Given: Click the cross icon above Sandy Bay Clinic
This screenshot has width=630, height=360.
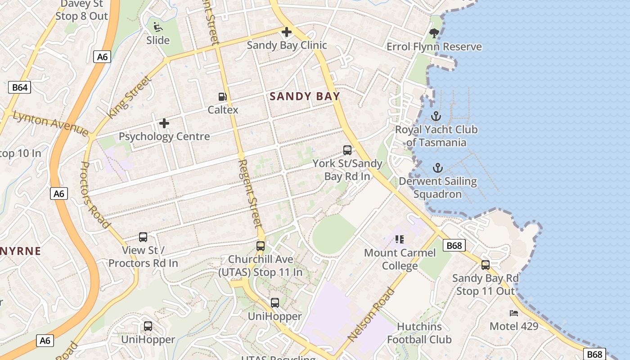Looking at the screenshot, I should pyautogui.click(x=286, y=32).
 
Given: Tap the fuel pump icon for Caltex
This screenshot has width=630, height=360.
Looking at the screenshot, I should pyautogui.click(x=222, y=97).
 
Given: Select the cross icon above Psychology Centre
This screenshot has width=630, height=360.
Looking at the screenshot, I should pyautogui.click(x=164, y=123).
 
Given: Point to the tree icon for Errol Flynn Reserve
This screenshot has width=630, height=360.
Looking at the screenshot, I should pyautogui.click(x=434, y=33).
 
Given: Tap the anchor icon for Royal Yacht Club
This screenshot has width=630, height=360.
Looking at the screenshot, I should pyautogui.click(x=436, y=117).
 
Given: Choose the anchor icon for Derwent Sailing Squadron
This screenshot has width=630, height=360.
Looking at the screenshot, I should pyautogui.click(x=438, y=168).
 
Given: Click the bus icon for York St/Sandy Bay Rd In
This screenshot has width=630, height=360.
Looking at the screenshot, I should pyautogui.click(x=347, y=150).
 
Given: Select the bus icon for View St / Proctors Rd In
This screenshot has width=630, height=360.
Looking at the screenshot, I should pyautogui.click(x=143, y=237).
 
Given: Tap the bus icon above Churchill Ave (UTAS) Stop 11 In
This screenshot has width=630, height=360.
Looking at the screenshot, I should pyautogui.click(x=261, y=246).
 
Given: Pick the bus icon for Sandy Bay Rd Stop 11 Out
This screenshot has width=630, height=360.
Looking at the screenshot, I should pyautogui.click(x=486, y=265).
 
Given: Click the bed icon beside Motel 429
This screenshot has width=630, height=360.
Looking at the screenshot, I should pyautogui.click(x=514, y=313).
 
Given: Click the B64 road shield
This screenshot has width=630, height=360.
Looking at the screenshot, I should pyautogui.click(x=19, y=87).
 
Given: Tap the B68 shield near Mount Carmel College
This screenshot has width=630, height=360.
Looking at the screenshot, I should pyautogui.click(x=454, y=246).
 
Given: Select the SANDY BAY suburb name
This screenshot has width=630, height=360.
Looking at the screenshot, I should pyautogui.click(x=305, y=96).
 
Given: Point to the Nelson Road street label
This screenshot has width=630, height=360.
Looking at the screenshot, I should pyautogui.click(x=371, y=314).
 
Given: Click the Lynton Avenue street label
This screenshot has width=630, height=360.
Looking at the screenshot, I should pyautogui.click(x=50, y=123).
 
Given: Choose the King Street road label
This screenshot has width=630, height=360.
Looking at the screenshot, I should pyautogui.click(x=129, y=97).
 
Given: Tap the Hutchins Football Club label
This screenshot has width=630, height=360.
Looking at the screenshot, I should pyautogui.click(x=419, y=333).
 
